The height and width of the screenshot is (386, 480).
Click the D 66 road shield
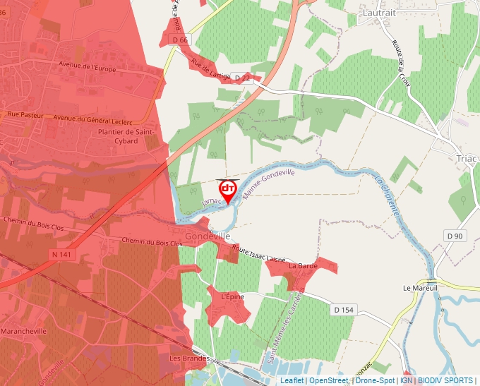[x=180, y=40]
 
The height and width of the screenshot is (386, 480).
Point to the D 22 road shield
[x=242, y=77]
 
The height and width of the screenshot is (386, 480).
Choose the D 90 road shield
[x=455, y=235]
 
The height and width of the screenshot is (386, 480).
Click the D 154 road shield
[x=344, y=310]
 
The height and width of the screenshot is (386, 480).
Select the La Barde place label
[x=303, y=266]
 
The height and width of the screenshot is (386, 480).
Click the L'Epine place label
[x=232, y=297]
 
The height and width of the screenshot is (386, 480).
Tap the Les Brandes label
[x=189, y=358]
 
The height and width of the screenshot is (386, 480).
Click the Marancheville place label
[x=24, y=330]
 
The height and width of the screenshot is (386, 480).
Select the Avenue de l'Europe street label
[x=87, y=67]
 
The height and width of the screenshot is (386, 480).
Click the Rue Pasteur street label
[x=25, y=114]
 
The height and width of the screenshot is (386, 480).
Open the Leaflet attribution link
[x=292, y=380]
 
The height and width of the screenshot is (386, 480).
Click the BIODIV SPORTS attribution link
[x=445, y=380]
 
